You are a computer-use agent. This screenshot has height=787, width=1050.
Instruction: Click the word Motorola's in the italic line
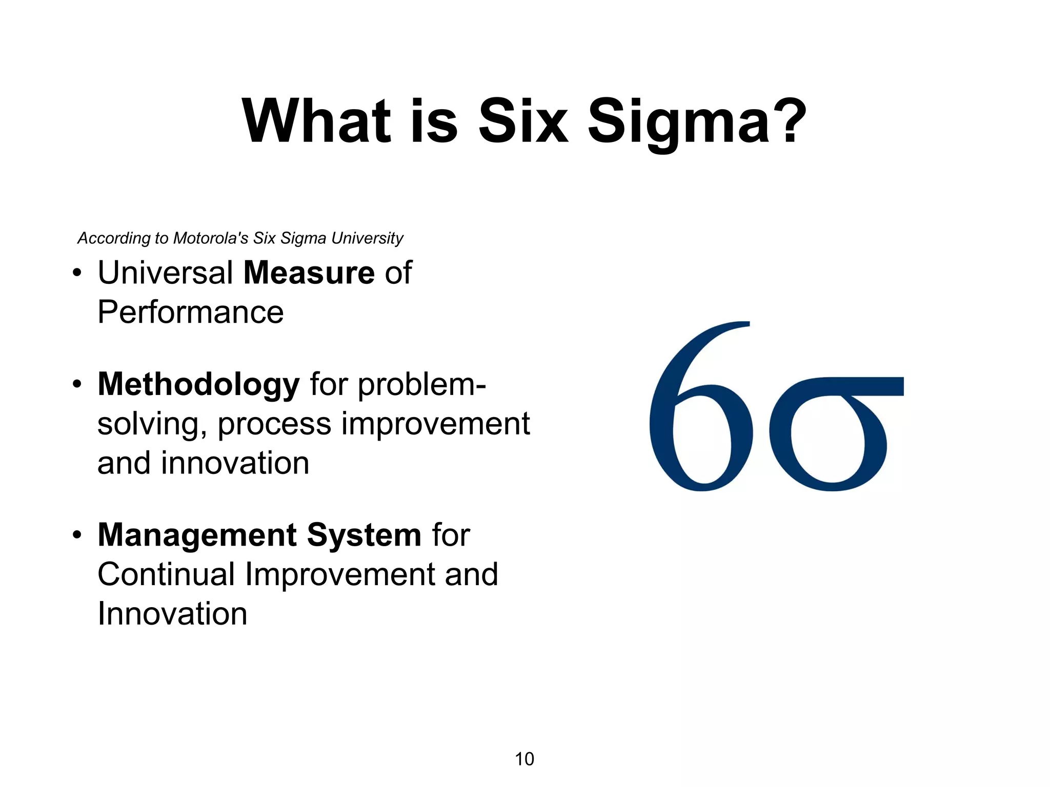click(211, 238)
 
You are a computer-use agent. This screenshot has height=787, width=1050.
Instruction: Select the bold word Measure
click(309, 273)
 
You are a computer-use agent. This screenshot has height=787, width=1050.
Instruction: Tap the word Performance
click(190, 313)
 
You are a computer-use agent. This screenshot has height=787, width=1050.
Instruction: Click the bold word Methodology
click(198, 384)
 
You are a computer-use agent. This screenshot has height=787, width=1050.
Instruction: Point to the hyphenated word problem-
click(421, 384)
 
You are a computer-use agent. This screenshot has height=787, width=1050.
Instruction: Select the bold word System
click(364, 535)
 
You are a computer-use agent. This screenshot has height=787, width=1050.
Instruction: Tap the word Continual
click(166, 574)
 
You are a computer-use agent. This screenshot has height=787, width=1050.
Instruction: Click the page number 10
click(524, 759)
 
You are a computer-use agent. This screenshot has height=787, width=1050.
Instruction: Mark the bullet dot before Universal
click(77, 273)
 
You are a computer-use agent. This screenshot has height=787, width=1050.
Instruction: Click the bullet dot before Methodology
click(77, 385)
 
